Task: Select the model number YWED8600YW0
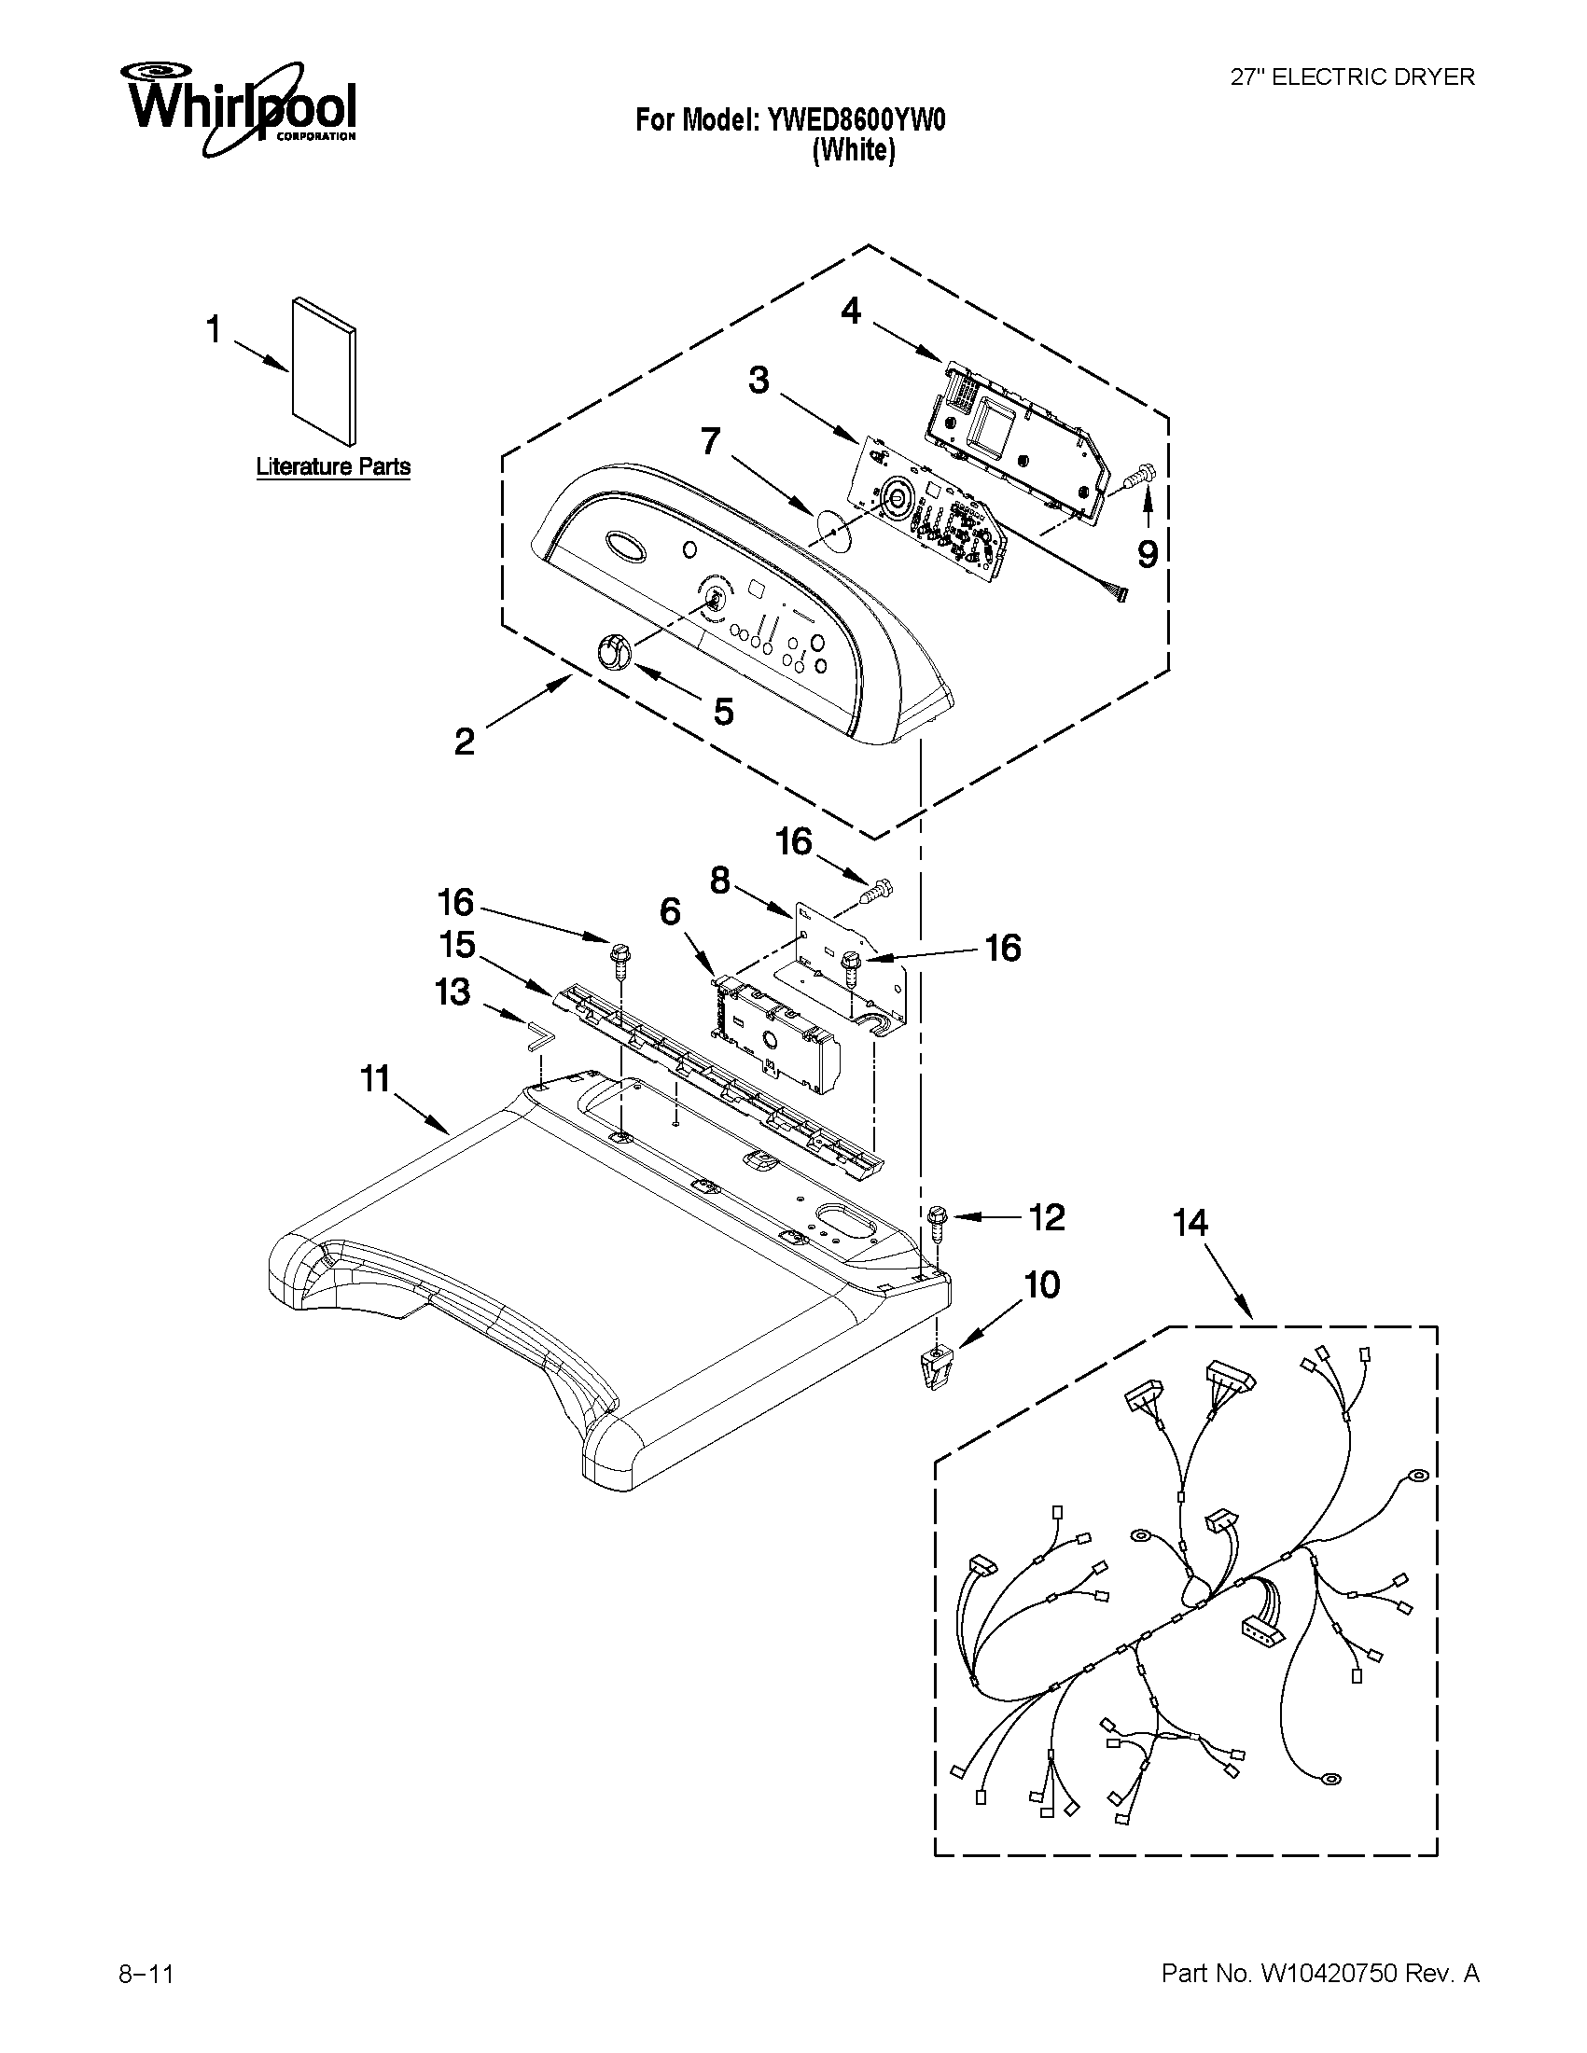856,120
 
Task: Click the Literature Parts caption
333,467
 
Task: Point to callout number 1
214,330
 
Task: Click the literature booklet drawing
325,370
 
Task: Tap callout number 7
710,440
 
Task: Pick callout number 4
850,312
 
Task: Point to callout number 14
1190,1223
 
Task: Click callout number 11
375,1079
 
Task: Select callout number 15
457,945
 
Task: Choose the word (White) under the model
853,150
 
